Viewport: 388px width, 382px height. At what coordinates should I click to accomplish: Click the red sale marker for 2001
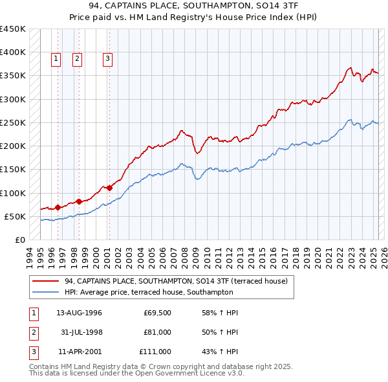pos(109,188)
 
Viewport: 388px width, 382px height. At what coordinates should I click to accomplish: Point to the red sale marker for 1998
pos(79,201)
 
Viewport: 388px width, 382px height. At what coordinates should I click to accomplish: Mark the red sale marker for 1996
pos(58,207)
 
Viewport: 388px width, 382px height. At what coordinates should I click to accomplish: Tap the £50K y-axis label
pos(15,216)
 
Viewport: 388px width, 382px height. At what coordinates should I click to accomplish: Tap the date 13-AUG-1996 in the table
pos(79,313)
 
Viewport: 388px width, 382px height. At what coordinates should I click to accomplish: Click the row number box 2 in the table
pos(33,332)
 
